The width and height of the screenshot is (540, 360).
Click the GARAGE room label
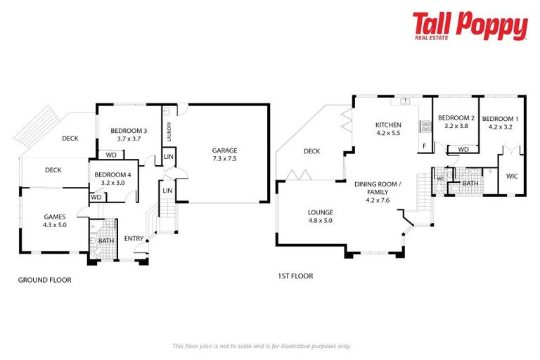click(x=225, y=150)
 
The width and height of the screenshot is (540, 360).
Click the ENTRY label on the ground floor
click(x=134, y=238)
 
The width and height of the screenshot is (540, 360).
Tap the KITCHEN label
click(x=387, y=124)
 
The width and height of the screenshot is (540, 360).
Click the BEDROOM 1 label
click(x=502, y=118)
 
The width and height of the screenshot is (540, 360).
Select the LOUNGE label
click(x=320, y=212)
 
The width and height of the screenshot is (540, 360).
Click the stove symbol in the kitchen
click(x=425, y=127)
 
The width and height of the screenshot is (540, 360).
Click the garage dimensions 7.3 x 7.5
click(x=225, y=158)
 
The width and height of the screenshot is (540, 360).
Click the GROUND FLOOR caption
click(x=44, y=280)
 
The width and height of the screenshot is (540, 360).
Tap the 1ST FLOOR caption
click(x=295, y=276)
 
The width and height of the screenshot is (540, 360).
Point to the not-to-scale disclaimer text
click(x=262, y=345)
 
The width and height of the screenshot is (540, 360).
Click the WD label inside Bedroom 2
click(x=463, y=149)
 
